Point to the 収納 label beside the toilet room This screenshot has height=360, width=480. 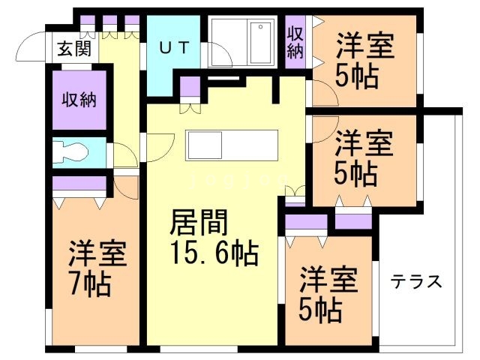79,98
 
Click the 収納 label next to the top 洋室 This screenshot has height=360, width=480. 295,43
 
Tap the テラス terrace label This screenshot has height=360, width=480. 416,283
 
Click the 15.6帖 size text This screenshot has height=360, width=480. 214,253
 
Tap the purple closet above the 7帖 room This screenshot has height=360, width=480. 79,183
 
